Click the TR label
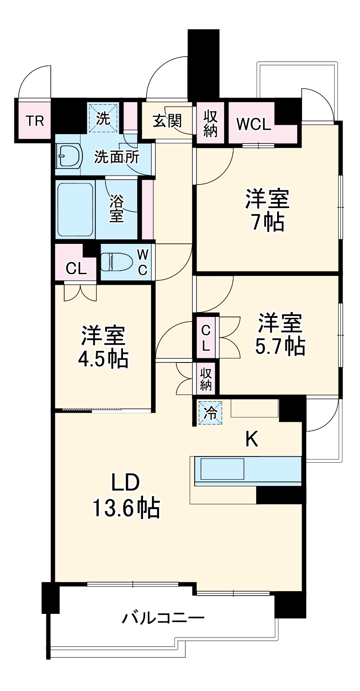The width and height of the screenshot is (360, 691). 34,121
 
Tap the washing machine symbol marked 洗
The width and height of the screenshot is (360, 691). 103,118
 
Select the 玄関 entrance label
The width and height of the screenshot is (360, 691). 167,120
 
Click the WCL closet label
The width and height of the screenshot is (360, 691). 253,124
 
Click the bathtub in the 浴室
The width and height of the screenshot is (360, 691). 75,210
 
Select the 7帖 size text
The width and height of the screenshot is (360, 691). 267,222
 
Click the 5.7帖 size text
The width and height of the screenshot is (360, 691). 280,345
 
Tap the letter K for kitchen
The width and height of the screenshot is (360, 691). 252,440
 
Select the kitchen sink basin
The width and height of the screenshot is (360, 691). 222,469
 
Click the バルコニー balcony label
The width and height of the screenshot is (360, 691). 164,618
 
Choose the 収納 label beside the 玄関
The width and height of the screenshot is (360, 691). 210,123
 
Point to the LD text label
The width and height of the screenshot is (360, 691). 126,482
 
